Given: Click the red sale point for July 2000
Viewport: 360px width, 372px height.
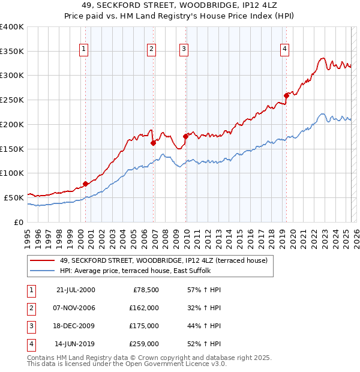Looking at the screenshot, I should (x=86, y=183).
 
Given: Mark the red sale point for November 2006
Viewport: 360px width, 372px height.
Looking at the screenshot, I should (x=154, y=143).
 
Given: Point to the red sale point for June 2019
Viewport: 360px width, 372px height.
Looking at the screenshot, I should (x=287, y=95).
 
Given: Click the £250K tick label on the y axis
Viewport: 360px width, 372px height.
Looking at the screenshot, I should (x=12, y=100).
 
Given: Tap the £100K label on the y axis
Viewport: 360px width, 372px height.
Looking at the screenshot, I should (x=12, y=173).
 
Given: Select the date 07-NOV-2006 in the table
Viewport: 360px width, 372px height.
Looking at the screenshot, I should (x=75, y=308).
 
